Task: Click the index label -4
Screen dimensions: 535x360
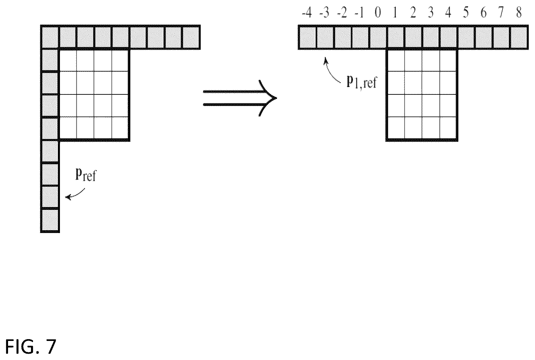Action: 307,13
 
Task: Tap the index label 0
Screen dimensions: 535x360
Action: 378,13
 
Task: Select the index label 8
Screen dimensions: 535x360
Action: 519,13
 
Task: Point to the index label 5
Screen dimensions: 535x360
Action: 466,13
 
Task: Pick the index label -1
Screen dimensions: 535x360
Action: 360,13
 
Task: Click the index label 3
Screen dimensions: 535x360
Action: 431,13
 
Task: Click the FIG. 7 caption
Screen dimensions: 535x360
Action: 30,347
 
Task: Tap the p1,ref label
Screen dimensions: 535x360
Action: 361,82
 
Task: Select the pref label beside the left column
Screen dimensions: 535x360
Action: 86,175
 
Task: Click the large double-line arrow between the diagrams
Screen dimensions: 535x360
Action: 240,98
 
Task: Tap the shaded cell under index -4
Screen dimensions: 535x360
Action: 307,37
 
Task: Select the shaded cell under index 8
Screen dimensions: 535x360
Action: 519,37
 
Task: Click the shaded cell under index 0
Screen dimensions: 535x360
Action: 378,37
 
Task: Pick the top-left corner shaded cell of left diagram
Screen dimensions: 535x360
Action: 50,37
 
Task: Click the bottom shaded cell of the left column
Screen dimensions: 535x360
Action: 50,221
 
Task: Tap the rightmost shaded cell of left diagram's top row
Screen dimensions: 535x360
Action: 191,37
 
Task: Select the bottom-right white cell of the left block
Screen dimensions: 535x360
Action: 120,128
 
